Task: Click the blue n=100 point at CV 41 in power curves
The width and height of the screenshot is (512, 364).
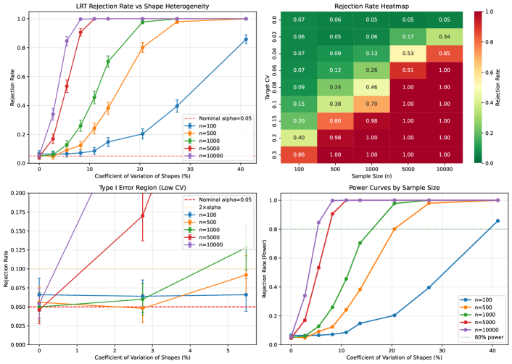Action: pyautogui.click(x=497, y=220)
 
